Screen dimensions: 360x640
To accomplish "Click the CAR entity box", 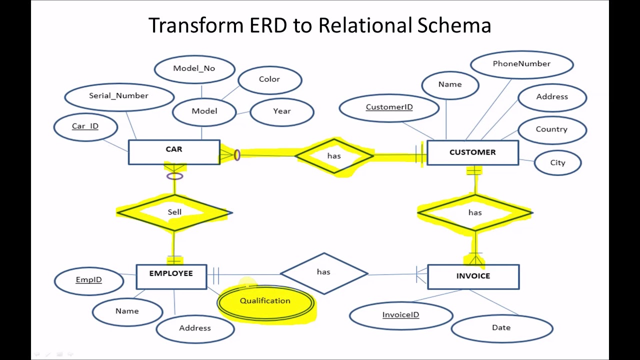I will click(x=174, y=152).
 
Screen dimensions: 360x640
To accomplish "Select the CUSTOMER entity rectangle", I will click(x=472, y=152).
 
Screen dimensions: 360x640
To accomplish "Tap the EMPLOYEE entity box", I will click(x=171, y=276).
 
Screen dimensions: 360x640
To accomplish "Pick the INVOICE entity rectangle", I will click(x=473, y=276).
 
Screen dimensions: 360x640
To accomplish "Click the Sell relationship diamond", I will click(x=174, y=212).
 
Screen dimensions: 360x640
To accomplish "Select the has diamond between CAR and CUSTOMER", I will click(x=334, y=156).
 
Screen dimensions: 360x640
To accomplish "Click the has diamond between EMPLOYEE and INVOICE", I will click(x=323, y=272).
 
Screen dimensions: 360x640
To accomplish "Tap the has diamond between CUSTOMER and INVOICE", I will click(x=475, y=213).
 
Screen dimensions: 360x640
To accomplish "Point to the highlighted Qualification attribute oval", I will click(x=265, y=301).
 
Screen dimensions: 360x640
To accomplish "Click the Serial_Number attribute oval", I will click(x=119, y=96).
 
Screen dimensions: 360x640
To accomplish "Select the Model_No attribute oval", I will click(x=194, y=68).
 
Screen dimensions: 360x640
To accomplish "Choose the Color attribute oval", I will click(x=269, y=79).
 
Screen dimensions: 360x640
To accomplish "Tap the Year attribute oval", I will click(x=282, y=111).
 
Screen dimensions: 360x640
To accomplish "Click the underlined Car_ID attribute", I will click(x=85, y=126).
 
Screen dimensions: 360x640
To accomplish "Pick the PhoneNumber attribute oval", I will click(x=521, y=64).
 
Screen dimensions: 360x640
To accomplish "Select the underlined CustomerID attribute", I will click(x=389, y=107).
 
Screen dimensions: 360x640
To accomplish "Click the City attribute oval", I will click(x=557, y=163).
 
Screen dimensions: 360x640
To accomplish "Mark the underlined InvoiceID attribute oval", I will click(x=400, y=315).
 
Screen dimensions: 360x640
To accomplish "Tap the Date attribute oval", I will click(x=501, y=328).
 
